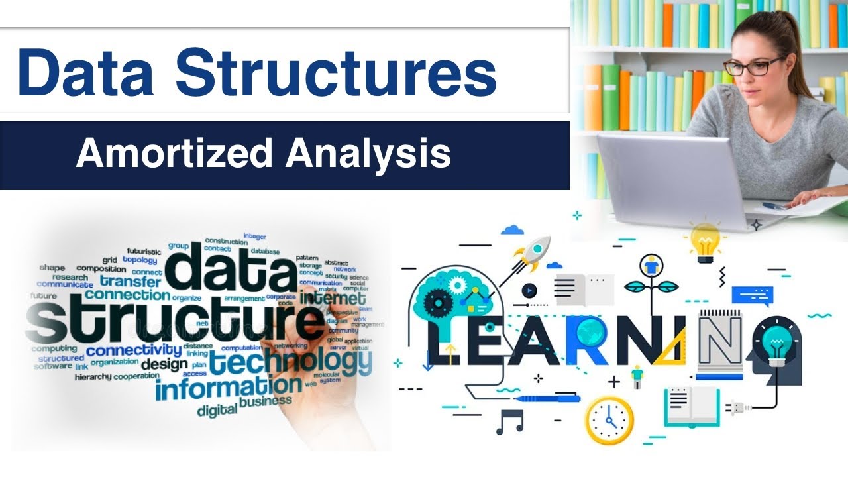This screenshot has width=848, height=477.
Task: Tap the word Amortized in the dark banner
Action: (174, 154)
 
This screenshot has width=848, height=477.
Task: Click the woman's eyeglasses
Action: (755, 66)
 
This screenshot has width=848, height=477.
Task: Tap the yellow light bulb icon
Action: (705, 239)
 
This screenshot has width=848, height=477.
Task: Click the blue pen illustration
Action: (547, 399)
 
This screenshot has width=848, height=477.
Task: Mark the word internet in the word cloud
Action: (333, 299)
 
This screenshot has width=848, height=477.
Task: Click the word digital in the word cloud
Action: (217, 410)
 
